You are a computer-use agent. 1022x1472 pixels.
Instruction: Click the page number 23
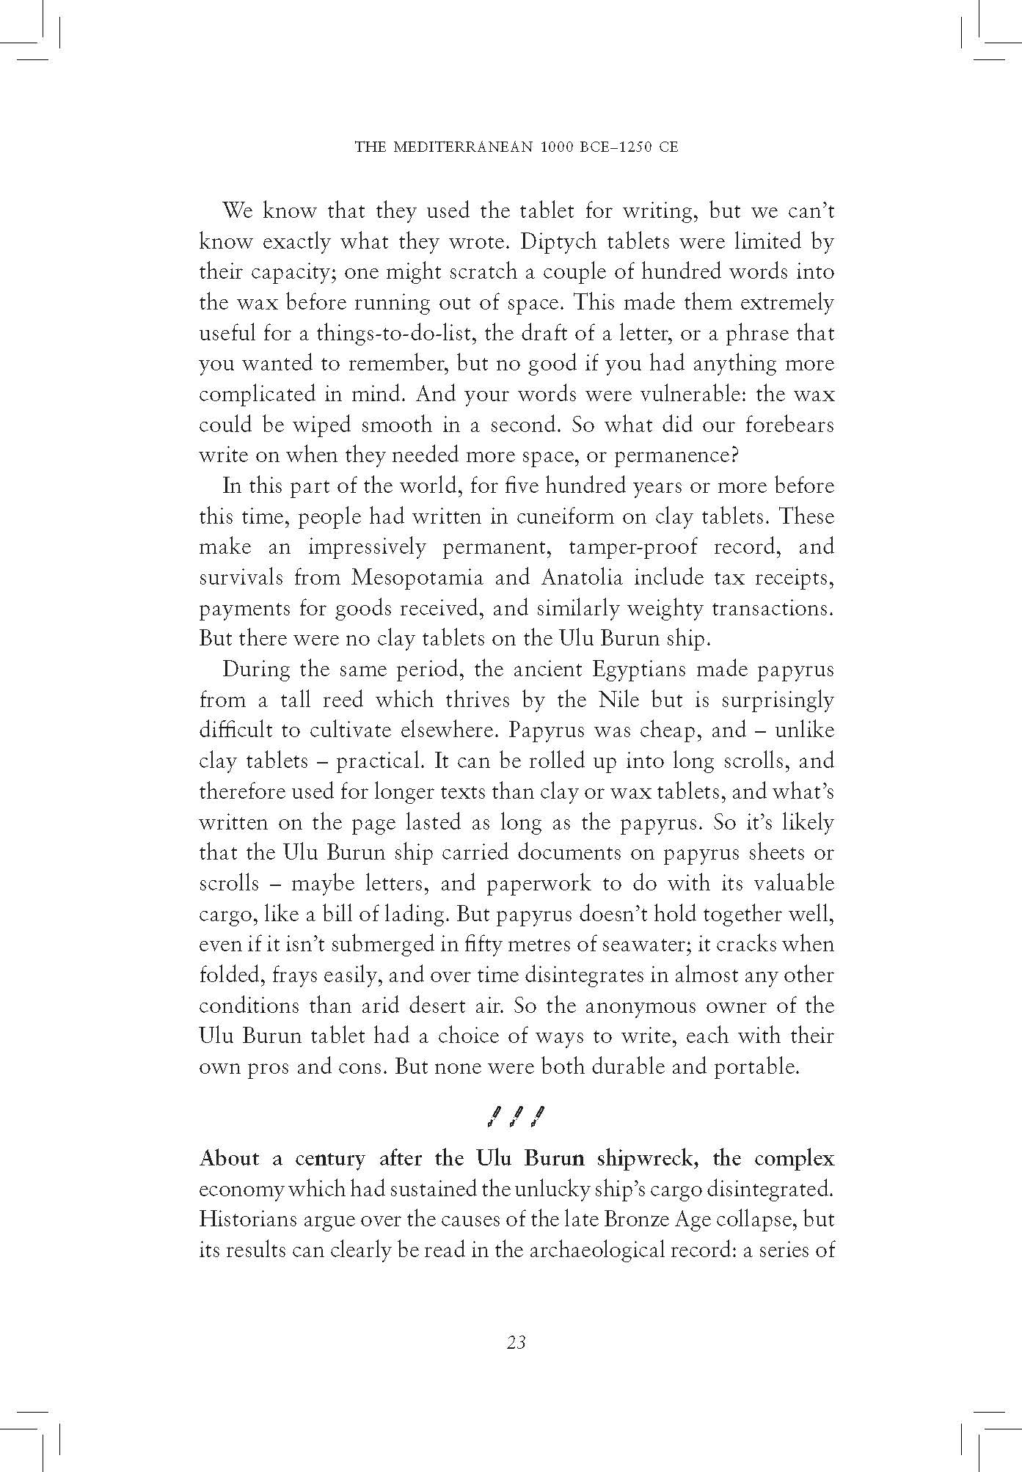[516, 1342]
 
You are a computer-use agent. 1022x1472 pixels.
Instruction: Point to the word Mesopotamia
[417, 578]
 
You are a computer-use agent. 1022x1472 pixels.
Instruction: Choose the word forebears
[789, 425]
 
